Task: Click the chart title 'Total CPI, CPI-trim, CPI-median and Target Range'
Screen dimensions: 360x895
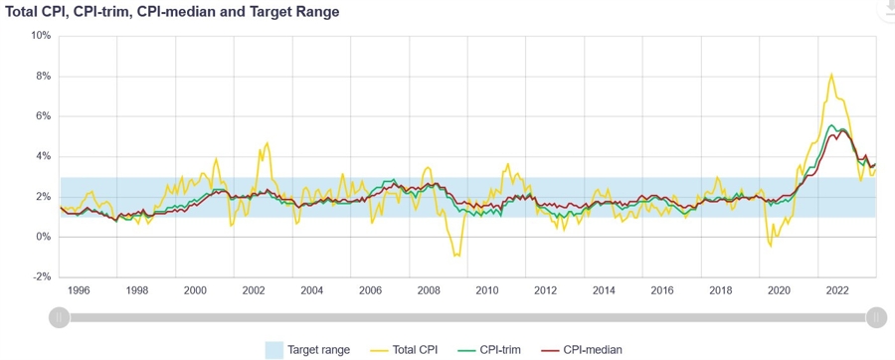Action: (172, 12)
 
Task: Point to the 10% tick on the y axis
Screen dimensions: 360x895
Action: (41, 36)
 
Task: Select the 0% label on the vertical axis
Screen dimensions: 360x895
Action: (44, 238)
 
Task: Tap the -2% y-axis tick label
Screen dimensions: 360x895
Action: (42, 277)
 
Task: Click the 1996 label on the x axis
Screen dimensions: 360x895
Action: (78, 290)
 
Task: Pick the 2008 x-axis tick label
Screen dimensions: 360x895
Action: (429, 290)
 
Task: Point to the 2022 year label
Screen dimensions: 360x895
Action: (838, 290)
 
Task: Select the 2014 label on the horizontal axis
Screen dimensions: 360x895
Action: (604, 290)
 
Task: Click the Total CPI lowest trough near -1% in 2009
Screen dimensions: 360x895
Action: (456, 257)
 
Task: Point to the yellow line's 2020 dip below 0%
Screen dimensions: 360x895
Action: (770, 246)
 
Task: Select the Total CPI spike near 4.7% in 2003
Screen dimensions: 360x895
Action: (267, 142)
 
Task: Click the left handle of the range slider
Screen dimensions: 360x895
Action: (59, 317)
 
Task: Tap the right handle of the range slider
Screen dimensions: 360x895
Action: (875, 317)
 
